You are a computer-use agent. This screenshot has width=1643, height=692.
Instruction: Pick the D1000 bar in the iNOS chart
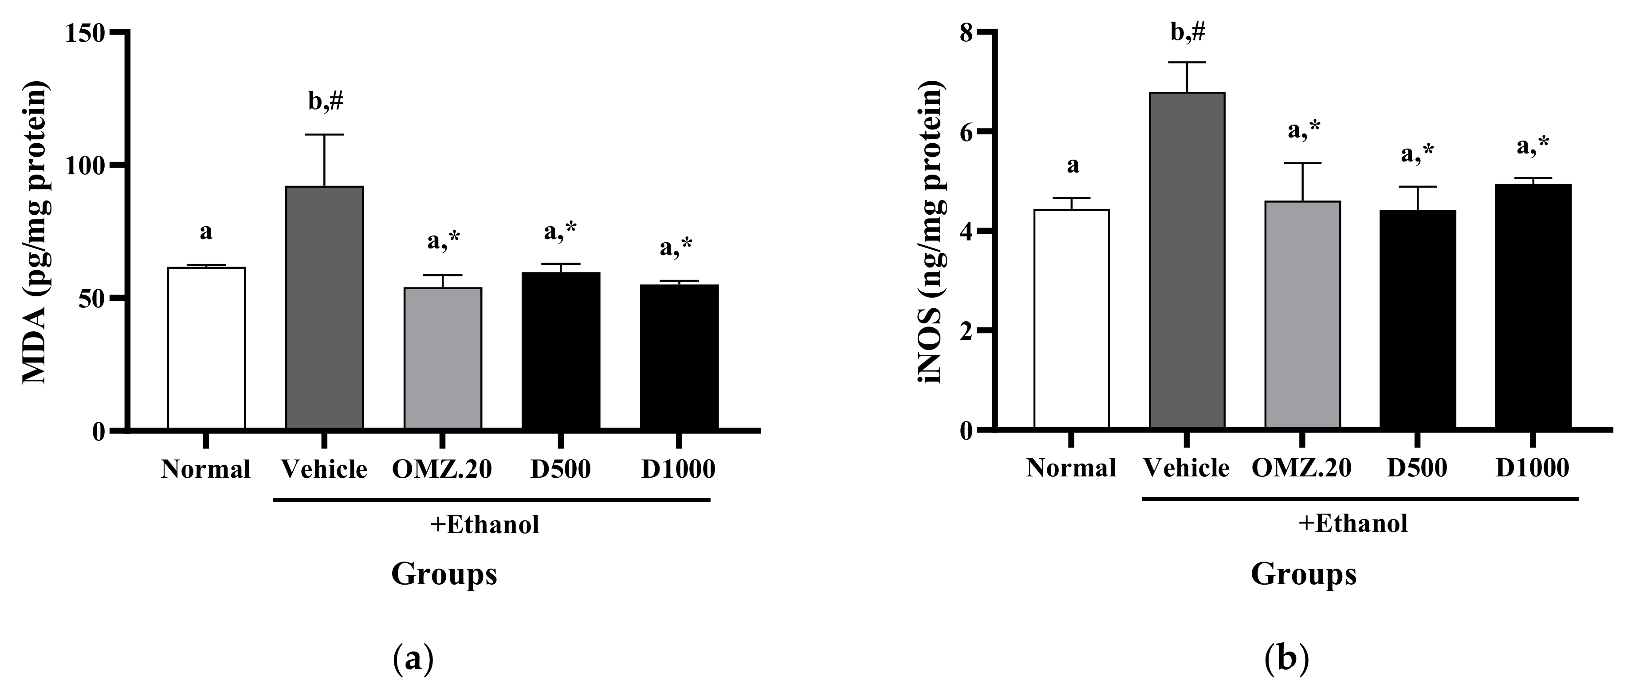click(x=1533, y=306)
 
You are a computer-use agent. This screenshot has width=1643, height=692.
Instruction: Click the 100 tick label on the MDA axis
click(x=86, y=165)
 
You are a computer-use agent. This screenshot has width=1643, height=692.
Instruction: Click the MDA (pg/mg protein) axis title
click(x=37, y=233)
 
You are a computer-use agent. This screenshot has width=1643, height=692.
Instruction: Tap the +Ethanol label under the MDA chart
click(x=485, y=525)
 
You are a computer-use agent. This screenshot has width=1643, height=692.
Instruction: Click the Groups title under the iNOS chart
click(x=1303, y=574)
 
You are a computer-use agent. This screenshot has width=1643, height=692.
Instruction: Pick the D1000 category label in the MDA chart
click(x=678, y=469)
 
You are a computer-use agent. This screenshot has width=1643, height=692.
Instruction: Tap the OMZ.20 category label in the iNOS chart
click(x=1301, y=468)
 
